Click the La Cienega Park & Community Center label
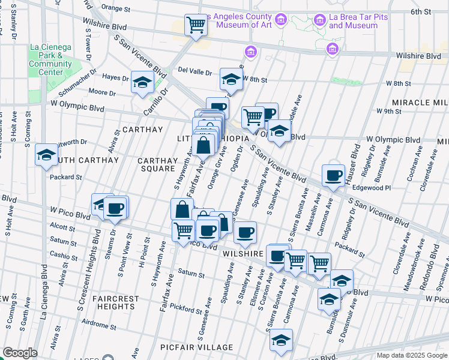click(50, 60)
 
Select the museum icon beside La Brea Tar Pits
click(320, 21)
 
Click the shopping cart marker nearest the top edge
click(195, 25)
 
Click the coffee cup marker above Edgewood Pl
click(333, 175)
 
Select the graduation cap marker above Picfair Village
click(281, 340)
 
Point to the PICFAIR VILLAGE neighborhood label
click(196, 348)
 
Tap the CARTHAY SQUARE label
click(157, 165)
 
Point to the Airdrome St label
click(98, 322)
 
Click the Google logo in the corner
click(20, 353)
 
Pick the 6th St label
click(421, 11)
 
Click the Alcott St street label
click(63, 227)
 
